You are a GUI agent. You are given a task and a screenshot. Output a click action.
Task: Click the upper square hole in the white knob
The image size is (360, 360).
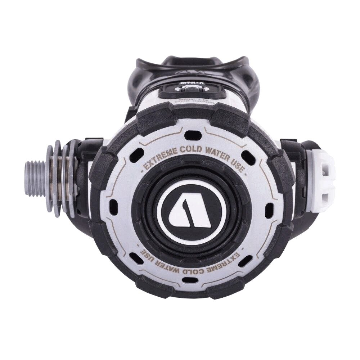pos(326,168)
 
